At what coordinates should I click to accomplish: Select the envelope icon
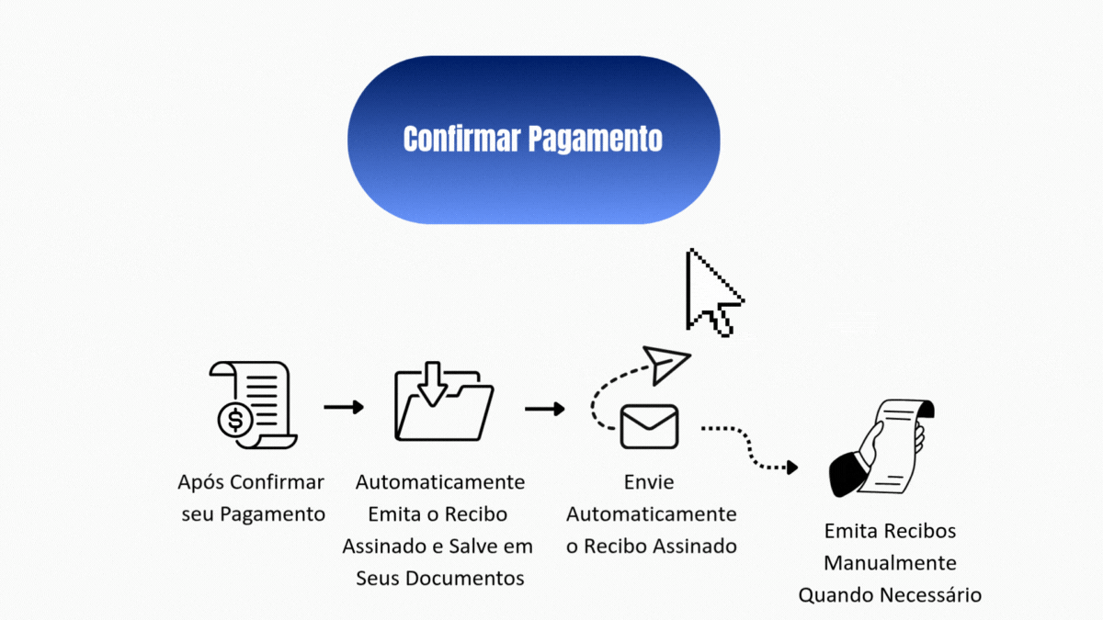click(x=649, y=426)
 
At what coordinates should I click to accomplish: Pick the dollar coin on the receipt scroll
click(x=235, y=420)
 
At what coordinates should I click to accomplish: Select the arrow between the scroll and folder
click(x=344, y=407)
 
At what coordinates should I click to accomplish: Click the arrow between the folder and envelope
click(x=544, y=409)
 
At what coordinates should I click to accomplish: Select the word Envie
click(x=649, y=482)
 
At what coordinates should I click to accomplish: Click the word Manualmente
click(x=890, y=563)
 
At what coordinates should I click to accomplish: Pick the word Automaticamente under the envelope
click(x=651, y=514)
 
